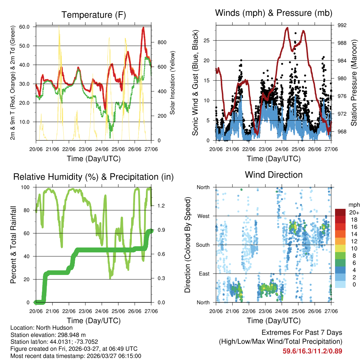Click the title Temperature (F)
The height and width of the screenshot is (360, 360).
(x=94, y=15)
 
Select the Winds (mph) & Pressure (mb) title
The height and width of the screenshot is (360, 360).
(x=274, y=13)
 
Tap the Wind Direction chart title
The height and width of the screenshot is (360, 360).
(x=274, y=174)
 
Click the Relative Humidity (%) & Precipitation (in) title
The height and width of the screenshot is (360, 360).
(x=94, y=177)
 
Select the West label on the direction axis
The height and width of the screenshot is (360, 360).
(x=203, y=216)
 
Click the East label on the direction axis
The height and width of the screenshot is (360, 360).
(x=204, y=274)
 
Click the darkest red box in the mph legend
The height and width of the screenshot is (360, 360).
(x=340, y=212)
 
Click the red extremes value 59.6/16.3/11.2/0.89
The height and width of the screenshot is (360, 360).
(x=312, y=351)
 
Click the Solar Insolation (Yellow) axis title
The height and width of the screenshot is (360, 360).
(x=172, y=83)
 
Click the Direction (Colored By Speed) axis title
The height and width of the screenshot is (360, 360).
(x=188, y=244)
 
